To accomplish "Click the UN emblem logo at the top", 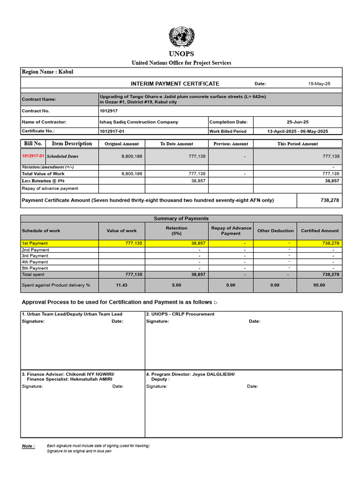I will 181,37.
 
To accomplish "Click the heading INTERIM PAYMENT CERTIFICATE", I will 175,83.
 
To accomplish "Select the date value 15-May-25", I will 319,84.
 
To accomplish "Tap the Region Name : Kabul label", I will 47,72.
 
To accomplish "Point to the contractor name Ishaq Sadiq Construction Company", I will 139,122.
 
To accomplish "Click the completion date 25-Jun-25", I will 298,122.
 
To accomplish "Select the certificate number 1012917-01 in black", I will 112,131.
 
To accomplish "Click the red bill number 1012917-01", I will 33,156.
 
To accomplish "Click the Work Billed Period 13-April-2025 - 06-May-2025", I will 298,131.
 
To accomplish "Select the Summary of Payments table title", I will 181,218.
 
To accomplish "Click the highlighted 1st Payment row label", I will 35,243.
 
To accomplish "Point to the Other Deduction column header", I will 275,231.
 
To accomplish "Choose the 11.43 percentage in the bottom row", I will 121,285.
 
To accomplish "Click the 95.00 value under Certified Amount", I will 319,285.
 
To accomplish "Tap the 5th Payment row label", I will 35,268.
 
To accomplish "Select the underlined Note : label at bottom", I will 28,446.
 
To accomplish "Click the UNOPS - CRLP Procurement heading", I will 180,314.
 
